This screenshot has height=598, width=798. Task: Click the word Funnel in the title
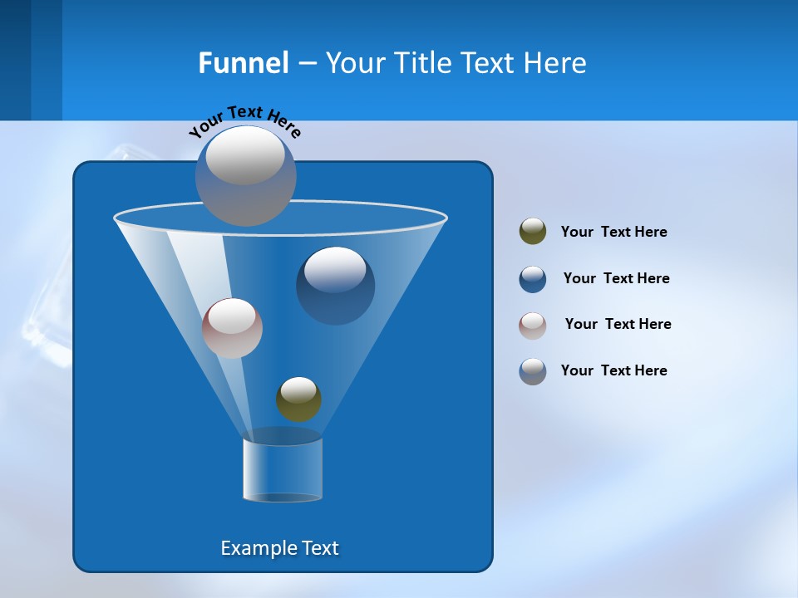coord(244,63)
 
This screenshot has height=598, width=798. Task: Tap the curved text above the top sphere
coord(245,121)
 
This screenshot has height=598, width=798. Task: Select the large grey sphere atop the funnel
coord(245,176)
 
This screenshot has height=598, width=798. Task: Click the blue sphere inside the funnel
coord(335,287)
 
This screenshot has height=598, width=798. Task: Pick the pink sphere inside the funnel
coord(232,328)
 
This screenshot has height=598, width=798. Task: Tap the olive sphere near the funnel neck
coord(298,399)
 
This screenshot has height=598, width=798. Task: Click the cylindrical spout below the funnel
coord(283,469)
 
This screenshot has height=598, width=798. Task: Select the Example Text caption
coord(280,548)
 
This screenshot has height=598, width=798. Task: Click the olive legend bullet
coord(533,232)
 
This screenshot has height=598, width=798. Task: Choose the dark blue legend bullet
coord(533,279)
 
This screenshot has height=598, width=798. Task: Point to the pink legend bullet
coord(533,326)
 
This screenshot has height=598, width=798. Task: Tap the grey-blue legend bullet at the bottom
coord(533,371)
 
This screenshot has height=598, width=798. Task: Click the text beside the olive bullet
coord(613,232)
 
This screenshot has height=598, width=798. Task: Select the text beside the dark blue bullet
coord(616,278)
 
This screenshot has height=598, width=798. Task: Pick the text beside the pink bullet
coord(618,324)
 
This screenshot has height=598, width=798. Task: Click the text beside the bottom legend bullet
coord(613,370)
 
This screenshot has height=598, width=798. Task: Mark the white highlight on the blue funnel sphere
coord(335,269)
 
